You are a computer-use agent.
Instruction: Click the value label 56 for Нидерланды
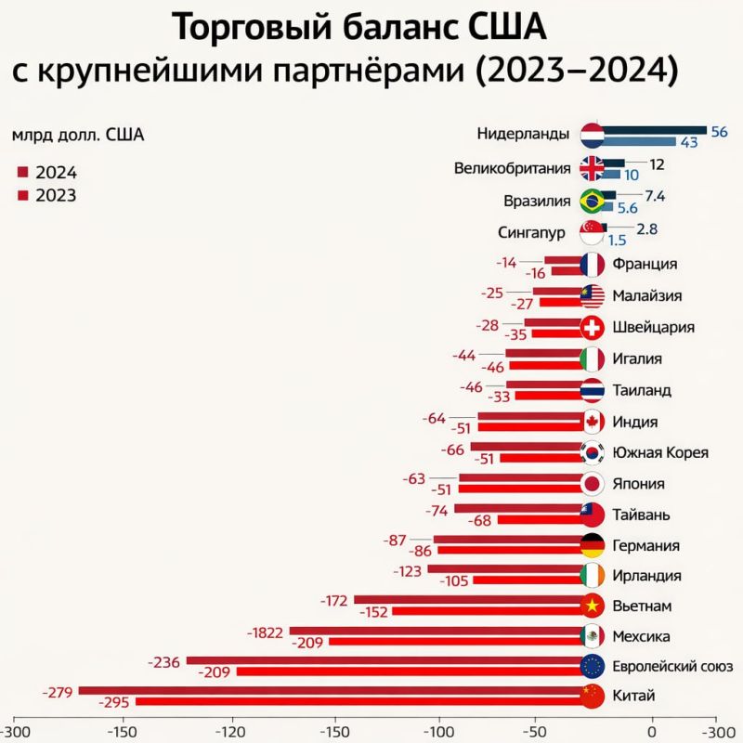point(719,131)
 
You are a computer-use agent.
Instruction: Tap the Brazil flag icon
point(592,201)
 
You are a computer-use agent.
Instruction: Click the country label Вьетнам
point(641,606)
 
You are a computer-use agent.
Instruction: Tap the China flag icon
point(592,696)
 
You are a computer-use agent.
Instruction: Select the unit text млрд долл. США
point(78,136)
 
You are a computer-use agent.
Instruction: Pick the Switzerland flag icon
point(592,327)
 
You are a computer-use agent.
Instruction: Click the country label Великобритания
point(512,168)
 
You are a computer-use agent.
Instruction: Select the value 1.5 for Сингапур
point(618,240)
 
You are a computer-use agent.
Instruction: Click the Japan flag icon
point(592,483)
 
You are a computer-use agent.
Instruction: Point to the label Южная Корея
point(660,452)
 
